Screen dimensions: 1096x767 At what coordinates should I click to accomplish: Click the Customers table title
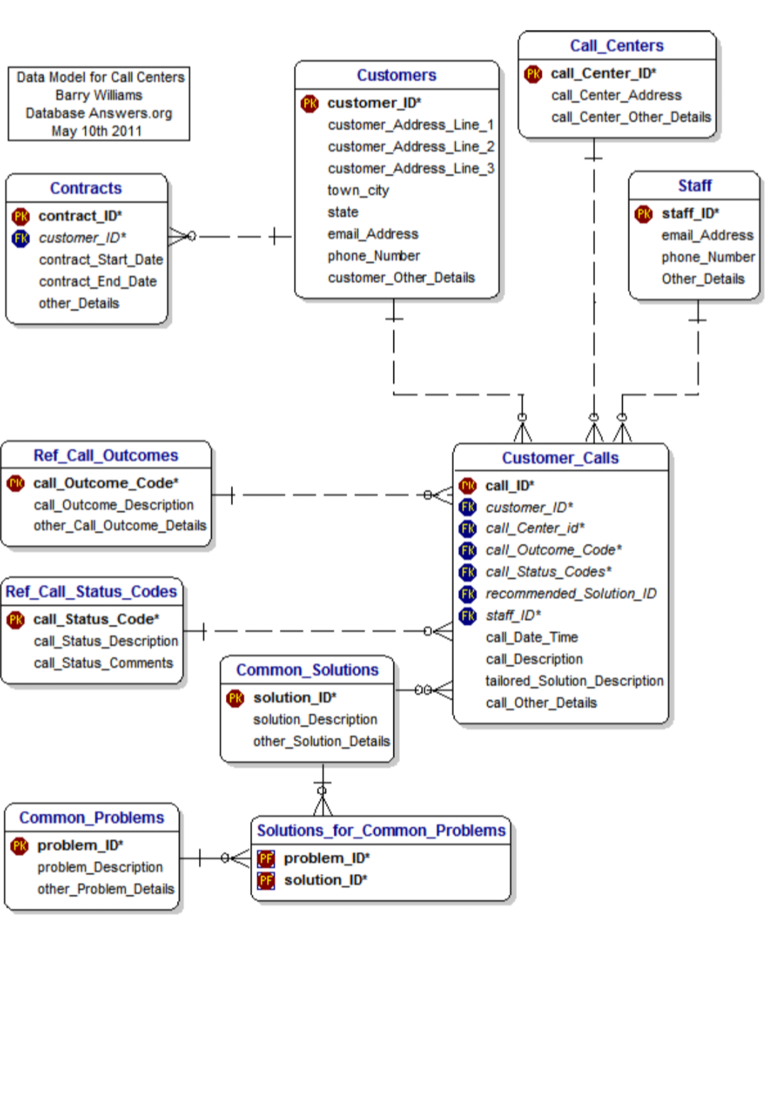pyautogui.click(x=396, y=75)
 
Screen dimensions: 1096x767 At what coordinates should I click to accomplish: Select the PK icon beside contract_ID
pyautogui.click(x=21, y=216)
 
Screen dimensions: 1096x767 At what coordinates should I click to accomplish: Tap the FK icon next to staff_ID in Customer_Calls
pyautogui.click(x=468, y=616)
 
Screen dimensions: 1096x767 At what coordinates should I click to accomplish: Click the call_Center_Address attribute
pyautogui.click(x=616, y=95)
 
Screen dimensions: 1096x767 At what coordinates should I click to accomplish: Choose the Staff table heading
pyautogui.click(x=694, y=186)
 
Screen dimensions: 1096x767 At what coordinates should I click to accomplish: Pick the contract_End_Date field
pyautogui.click(x=97, y=282)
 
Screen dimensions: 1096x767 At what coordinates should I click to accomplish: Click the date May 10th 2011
pyautogui.click(x=97, y=131)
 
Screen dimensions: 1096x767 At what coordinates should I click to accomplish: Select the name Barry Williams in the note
pyautogui.click(x=99, y=95)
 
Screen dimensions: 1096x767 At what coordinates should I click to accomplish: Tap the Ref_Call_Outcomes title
pyautogui.click(x=106, y=455)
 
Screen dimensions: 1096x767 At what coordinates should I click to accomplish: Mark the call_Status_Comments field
pyautogui.click(x=103, y=663)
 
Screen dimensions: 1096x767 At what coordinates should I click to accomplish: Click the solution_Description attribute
pyautogui.click(x=315, y=720)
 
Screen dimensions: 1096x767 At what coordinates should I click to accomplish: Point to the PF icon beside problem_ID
pyautogui.click(x=266, y=859)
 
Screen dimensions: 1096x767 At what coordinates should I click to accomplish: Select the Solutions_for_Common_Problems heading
pyautogui.click(x=381, y=830)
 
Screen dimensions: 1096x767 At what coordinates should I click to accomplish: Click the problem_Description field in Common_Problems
pyautogui.click(x=99, y=867)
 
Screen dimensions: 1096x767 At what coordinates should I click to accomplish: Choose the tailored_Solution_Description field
pyautogui.click(x=574, y=681)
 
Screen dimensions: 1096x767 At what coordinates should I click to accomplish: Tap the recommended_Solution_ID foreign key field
pyautogui.click(x=570, y=594)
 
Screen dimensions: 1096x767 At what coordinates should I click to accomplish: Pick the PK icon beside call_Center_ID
pyautogui.click(x=533, y=74)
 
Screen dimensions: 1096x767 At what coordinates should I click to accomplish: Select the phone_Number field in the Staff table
pyautogui.click(x=707, y=257)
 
